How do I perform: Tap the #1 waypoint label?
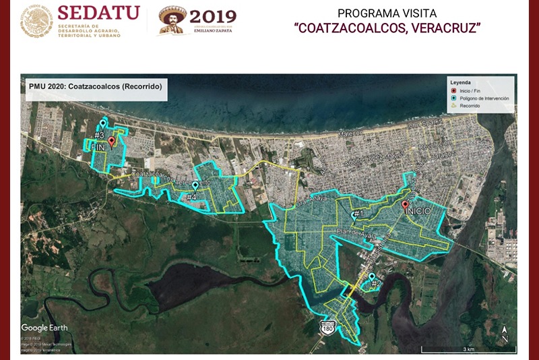[x=358, y=215]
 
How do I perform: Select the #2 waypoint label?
[x=376, y=282]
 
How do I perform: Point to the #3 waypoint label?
[x=99, y=136]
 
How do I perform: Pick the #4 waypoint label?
[x=191, y=197]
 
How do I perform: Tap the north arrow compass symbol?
[x=505, y=334]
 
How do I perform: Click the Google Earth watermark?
[x=44, y=328]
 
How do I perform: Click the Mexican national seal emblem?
[x=36, y=21]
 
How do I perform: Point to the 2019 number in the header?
[x=212, y=17]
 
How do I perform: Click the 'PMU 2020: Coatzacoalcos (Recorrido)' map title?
[x=94, y=87]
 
